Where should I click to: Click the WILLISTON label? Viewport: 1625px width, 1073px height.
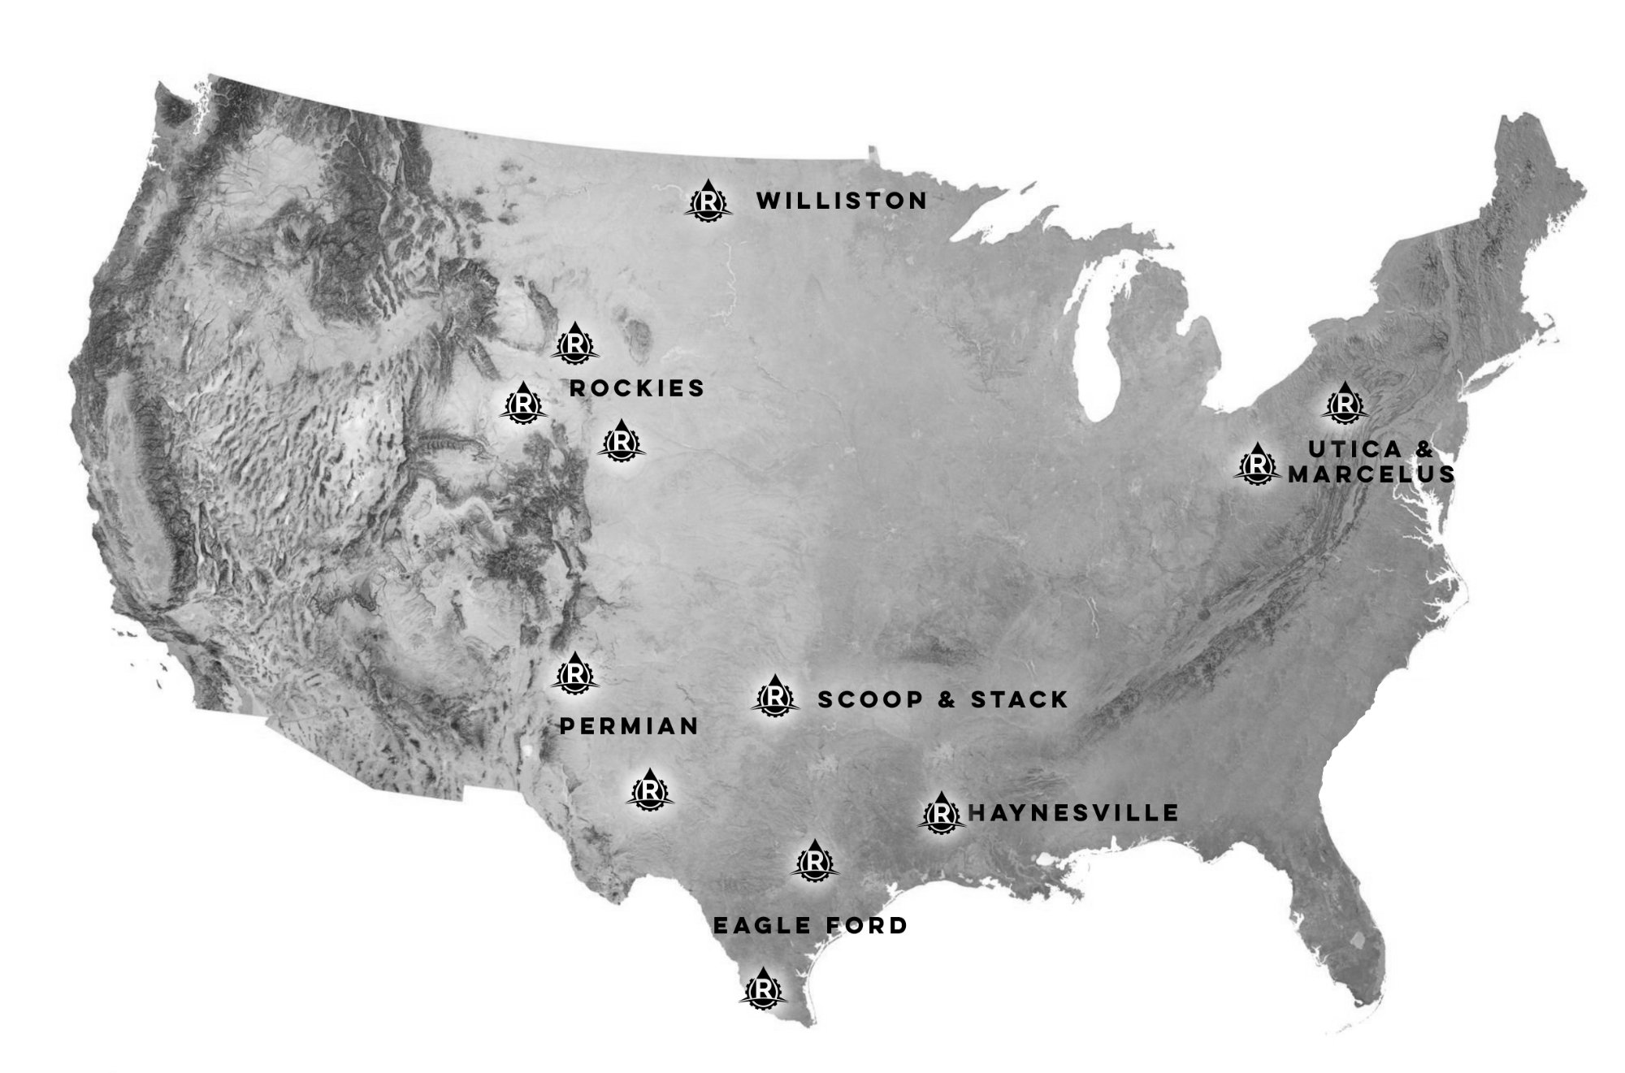coord(842,201)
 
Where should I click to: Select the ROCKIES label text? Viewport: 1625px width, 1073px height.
coord(637,388)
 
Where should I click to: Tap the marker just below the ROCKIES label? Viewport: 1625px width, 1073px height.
coord(621,441)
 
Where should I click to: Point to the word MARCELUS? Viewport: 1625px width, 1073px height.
coord(1371,474)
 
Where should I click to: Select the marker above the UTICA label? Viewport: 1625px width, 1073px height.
coord(1345,403)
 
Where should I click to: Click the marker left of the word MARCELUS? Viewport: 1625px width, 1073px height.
coord(1257,465)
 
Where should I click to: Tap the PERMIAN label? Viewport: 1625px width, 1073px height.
coord(629,726)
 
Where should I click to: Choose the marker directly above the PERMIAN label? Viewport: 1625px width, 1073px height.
coord(576,673)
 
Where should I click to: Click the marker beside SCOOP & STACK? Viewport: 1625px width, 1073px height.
coord(775,697)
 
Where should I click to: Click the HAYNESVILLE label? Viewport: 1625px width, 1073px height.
coord(1073,812)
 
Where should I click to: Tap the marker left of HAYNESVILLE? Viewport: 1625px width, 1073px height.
coord(941,812)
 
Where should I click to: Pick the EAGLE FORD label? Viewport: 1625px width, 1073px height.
coord(810,925)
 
